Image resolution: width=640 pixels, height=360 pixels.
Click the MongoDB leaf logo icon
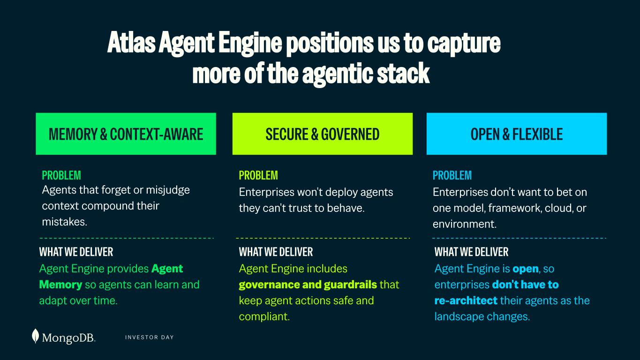pyautogui.click(x=35, y=336)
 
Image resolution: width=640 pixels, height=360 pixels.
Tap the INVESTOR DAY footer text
pyautogui.click(x=149, y=337)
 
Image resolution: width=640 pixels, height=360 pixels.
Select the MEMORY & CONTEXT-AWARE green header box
pyautogui.click(x=126, y=134)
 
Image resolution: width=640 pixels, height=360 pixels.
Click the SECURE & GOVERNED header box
pyautogui.click(x=323, y=134)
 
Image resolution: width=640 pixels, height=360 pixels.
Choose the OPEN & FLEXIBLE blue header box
pyautogui.click(x=517, y=134)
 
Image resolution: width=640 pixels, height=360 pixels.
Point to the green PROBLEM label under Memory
pyautogui.click(x=61, y=175)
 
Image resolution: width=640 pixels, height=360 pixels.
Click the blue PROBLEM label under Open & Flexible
pyautogui.click(x=452, y=175)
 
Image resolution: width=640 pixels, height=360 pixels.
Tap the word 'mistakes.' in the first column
pyautogui.click(x=65, y=222)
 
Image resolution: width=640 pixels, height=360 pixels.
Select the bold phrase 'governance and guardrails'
pyautogui.click(x=308, y=285)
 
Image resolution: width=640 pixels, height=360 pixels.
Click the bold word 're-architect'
pyautogui.click(x=466, y=300)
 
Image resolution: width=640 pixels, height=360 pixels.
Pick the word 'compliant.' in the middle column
pyautogui.click(x=264, y=316)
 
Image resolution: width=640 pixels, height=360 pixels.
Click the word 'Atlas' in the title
pyautogui.click(x=131, y=43)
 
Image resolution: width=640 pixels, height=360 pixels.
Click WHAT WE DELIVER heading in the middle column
pyautogui.click(x=276, y=252)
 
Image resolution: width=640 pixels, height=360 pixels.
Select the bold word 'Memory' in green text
pyautogui.click(x=60, y=285)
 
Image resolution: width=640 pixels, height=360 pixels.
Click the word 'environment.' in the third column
pyautogui.click(x=465, y=224)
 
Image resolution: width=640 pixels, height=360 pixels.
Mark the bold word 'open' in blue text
pyautogui.click(x=526, y=269)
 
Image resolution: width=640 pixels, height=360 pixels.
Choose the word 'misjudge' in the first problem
pyautogui.click(x=168, y=190)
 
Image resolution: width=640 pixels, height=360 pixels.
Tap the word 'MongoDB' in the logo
pyautogui.click(x=68, y=337)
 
